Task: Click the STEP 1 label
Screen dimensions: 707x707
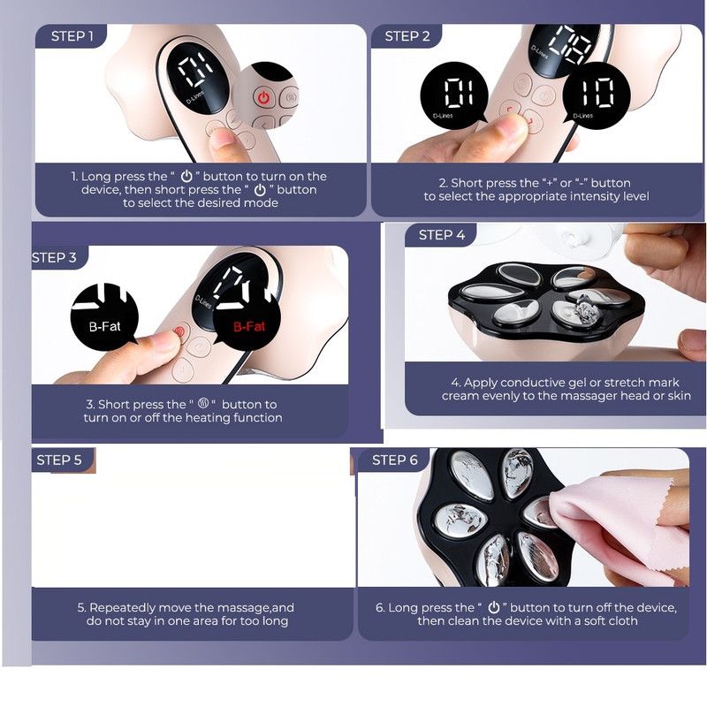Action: (72, 36)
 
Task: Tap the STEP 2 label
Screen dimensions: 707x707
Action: (407, 36)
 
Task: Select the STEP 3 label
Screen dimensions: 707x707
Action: (54, 257)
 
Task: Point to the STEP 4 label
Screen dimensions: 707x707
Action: (441, 235)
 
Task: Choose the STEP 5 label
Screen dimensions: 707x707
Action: (59, 460)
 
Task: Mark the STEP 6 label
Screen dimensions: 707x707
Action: (394, 460)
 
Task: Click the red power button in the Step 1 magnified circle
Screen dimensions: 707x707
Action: (263, 97)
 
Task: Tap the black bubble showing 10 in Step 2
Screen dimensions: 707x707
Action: (596, 95)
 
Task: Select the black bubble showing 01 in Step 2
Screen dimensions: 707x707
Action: (454, 95)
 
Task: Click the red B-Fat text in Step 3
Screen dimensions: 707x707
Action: (249, 326)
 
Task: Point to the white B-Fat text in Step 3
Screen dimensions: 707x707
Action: (104, 326)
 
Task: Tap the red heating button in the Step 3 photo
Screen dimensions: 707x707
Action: (179, 332)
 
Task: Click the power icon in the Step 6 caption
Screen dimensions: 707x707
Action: (494, 607)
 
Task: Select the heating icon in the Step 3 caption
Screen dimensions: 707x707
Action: (203, 404)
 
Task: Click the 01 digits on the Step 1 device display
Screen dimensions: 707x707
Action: (195, 72)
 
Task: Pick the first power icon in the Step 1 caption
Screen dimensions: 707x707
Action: (186, 176)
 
